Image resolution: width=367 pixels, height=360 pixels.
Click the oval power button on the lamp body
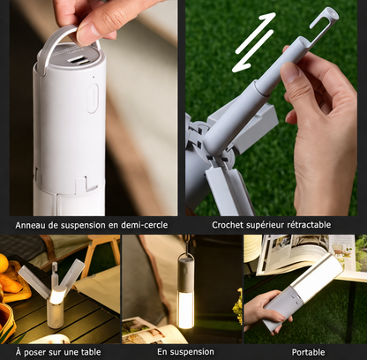tap(93, 97)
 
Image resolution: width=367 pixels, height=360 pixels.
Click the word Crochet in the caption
tap(231, 224)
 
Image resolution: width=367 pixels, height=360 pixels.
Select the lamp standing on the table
tap(56, 299)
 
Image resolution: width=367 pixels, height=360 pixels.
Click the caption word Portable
tap(308, 351)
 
